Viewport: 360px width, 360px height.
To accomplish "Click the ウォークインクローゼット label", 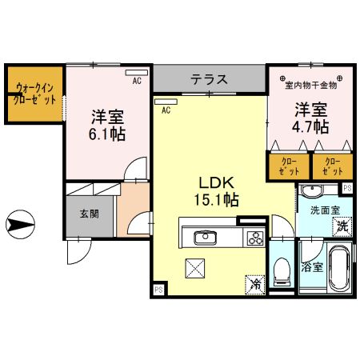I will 34,93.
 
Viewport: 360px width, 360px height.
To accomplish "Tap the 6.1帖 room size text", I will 106,132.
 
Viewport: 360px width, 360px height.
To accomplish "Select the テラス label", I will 210,80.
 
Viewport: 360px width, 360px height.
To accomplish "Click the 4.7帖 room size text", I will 311,126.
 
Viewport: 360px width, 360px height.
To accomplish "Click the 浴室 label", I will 313,266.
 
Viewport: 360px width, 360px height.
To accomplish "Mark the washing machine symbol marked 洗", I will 342,226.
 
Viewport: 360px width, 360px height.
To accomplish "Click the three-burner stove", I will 255,237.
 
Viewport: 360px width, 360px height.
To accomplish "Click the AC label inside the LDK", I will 166,111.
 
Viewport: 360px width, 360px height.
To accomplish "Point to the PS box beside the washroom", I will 347,188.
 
